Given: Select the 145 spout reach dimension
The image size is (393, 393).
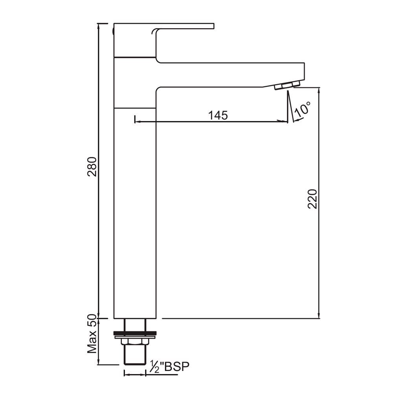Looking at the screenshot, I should tap(218, 115).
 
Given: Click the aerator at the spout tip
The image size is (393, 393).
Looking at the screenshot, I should tap(287, 85).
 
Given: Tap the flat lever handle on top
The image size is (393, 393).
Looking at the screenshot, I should tap(181, 26).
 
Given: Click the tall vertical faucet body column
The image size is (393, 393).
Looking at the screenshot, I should tap(135, 212).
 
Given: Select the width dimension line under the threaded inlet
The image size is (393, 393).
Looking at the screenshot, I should tap(135, 374).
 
